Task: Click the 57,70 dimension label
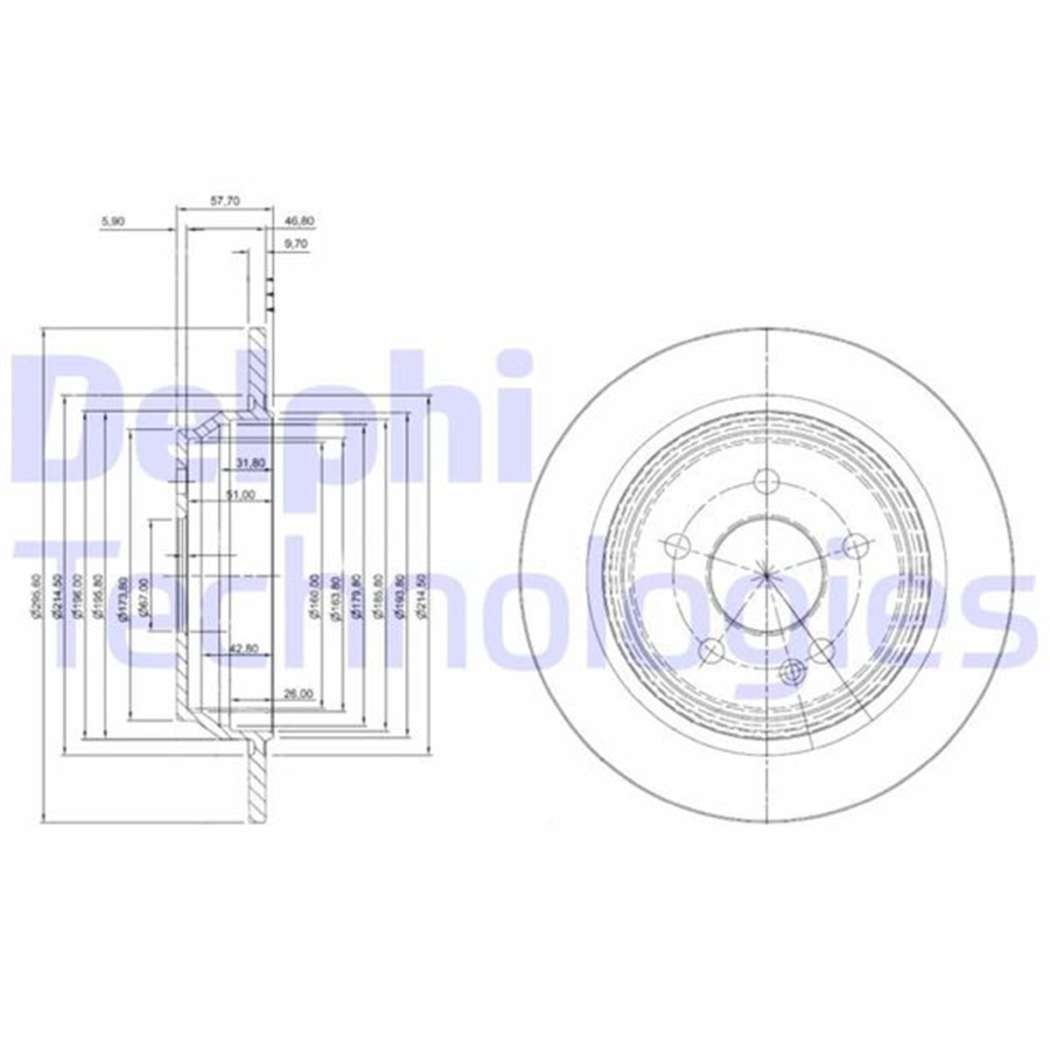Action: click(x=226, y=200)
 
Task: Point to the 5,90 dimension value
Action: click(x=114, y=222)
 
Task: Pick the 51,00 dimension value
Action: click(x=240, y=494)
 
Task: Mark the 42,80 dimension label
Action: click(x=242, y=648)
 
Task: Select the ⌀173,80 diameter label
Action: click(x=122, y=598)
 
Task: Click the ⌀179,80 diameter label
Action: click(x=356, y=597)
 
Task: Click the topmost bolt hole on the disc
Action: click(x=766, y=480)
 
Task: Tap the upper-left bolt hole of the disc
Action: click(x=676, y=546)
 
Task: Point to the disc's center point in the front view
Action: click(x=766, y=575)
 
